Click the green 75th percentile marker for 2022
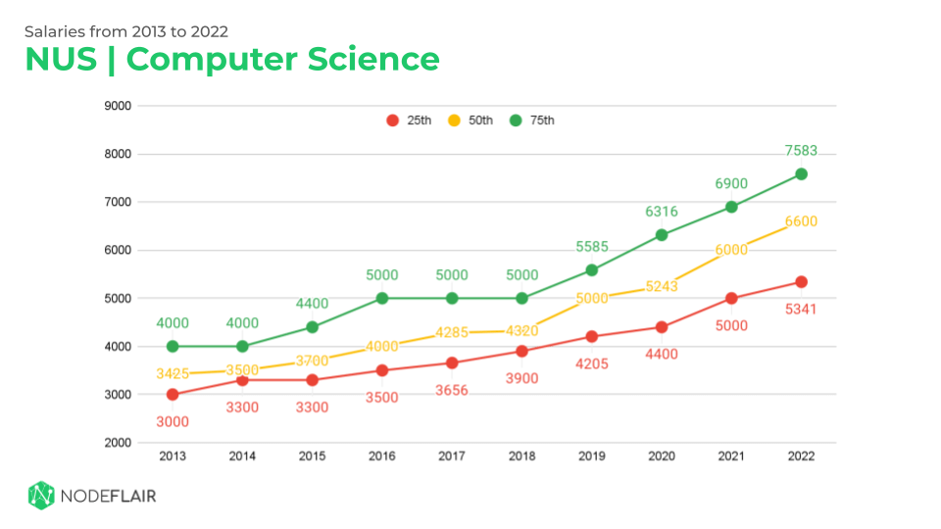click(801, 174)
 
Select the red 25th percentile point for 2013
click(173, 395)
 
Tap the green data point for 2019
click(591, 270)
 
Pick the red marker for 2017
click(452, 363)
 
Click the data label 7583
click(801, 151)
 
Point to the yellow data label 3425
click(173, 373)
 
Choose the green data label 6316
click(661, 212)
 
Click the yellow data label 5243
click(661, 286)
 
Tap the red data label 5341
click(801, 310)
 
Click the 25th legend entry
click(409, 120)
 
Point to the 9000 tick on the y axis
click(120, 106)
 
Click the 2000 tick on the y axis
click(120, 443)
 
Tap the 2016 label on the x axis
click(382, 457)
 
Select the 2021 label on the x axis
click(731, 457)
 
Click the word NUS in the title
click(61, 59)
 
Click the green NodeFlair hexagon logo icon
click(40, 495)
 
